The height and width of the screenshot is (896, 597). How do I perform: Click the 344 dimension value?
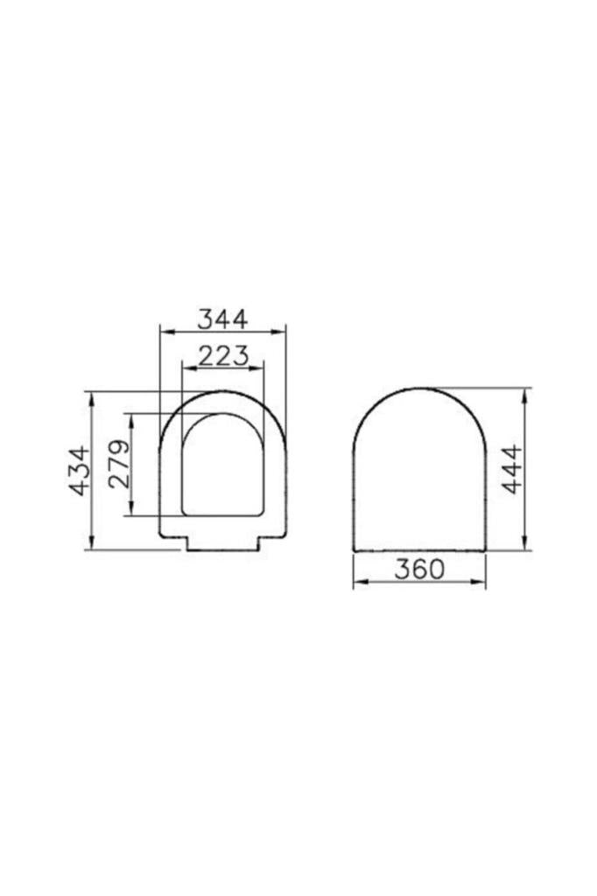222,318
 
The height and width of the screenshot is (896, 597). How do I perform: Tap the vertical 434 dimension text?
81,471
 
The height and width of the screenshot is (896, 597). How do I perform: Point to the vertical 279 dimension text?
119,464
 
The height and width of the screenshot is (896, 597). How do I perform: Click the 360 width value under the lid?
418,570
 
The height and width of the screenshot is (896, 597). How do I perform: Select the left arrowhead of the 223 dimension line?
185,367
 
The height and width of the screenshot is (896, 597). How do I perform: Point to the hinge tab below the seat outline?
223,544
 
